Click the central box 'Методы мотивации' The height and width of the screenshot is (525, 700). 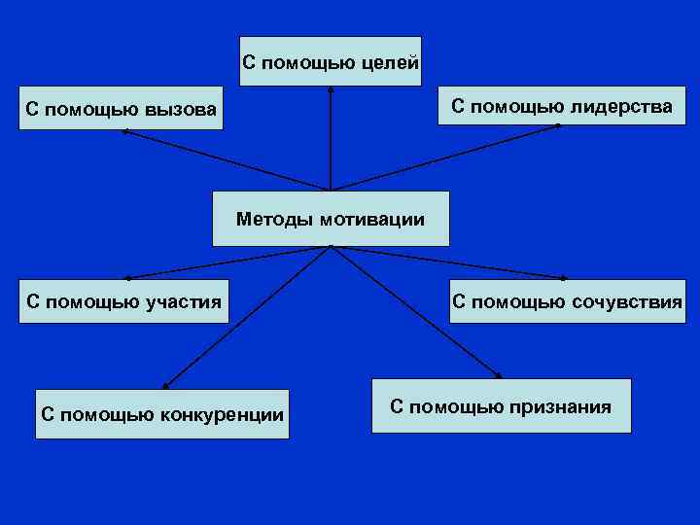pos(331,219)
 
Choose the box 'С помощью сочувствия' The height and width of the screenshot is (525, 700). pos(567,301)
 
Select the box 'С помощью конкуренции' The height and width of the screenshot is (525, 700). pos(162,414)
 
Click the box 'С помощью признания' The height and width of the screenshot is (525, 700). pos(501,405)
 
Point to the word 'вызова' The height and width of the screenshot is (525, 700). pos(182,109)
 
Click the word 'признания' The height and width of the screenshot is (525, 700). pos(564,406)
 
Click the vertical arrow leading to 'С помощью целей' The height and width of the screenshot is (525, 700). pos(331,136)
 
